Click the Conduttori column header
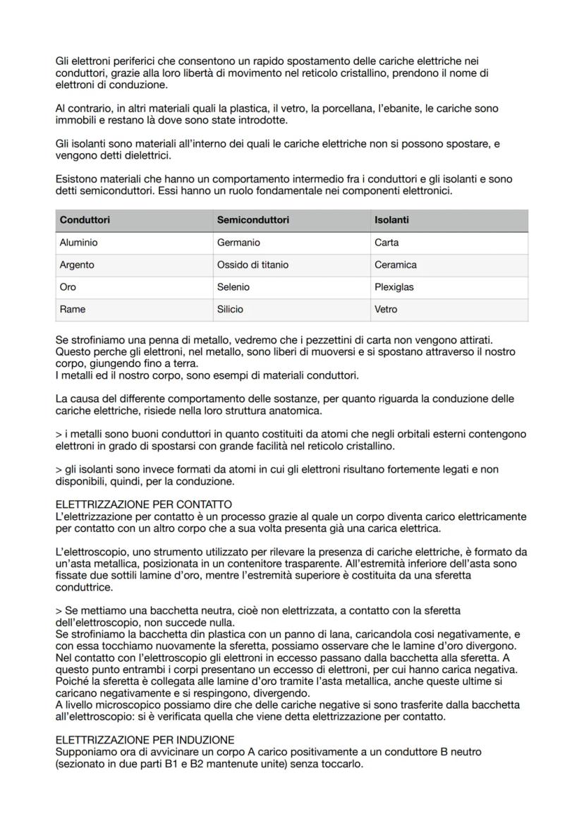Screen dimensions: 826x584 click(85, 220)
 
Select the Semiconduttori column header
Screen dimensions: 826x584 click(253, 220)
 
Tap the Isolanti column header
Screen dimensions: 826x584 click(391, 220)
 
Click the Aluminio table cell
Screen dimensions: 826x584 click(78, 243)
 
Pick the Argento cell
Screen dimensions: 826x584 click(77, 265)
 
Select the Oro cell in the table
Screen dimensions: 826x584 click(68, 287)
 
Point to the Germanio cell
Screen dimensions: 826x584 click(238, 243)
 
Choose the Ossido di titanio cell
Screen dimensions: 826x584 click(252, 265)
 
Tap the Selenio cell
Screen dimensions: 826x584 click(233, 287)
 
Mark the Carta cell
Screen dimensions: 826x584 click(387, 243)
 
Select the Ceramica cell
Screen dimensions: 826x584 click(395, 265)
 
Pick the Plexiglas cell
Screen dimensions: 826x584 click(394, 287)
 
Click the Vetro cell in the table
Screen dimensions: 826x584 click(386, 310)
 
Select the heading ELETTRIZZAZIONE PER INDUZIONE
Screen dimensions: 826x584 click(145, 740)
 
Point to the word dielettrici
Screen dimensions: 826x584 click(144, 155)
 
